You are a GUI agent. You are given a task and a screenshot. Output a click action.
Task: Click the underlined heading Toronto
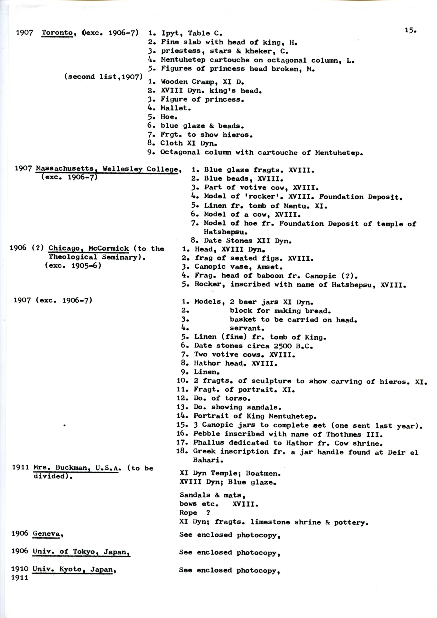pos(57,33)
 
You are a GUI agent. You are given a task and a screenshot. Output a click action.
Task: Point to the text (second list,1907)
pos(103,77)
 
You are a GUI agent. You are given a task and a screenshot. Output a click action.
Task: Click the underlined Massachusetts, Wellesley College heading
pos(107,169)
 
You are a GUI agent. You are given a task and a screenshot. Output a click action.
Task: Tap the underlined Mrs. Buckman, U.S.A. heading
pos(77,468)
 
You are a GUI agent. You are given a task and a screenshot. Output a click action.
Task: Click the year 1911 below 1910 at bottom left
pos(20,578)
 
